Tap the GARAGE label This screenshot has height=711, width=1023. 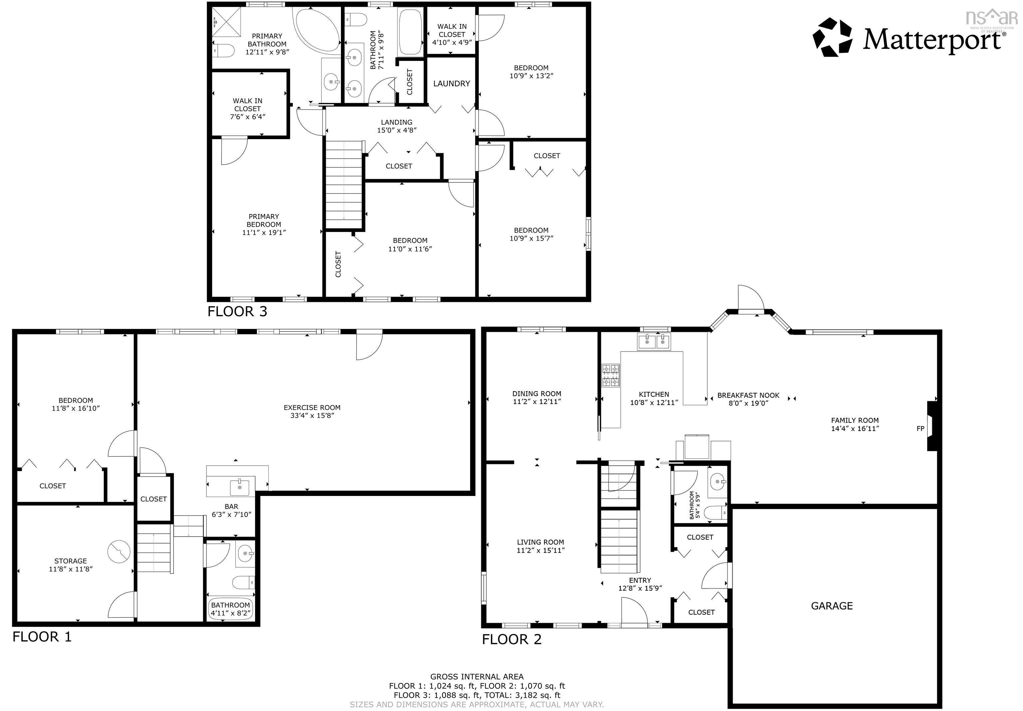pyautogui.click(x=832, y=606)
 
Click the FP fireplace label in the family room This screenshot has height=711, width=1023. pyautogui.click(x=920, y=428)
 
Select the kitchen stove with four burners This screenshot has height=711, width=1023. pyautogui.click(x=610, y=375)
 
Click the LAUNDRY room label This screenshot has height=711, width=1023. pyautogui.click(x=451, y=84)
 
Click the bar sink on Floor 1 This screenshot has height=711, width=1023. pyautogui.click(x=240, y=487)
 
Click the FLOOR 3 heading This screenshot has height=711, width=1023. pyautogui.click(x=237, y=312)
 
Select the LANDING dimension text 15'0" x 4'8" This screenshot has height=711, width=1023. pyautogui.click(x=397, y=130)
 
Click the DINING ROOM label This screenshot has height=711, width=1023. pyautogui.click(x=536, y=394)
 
